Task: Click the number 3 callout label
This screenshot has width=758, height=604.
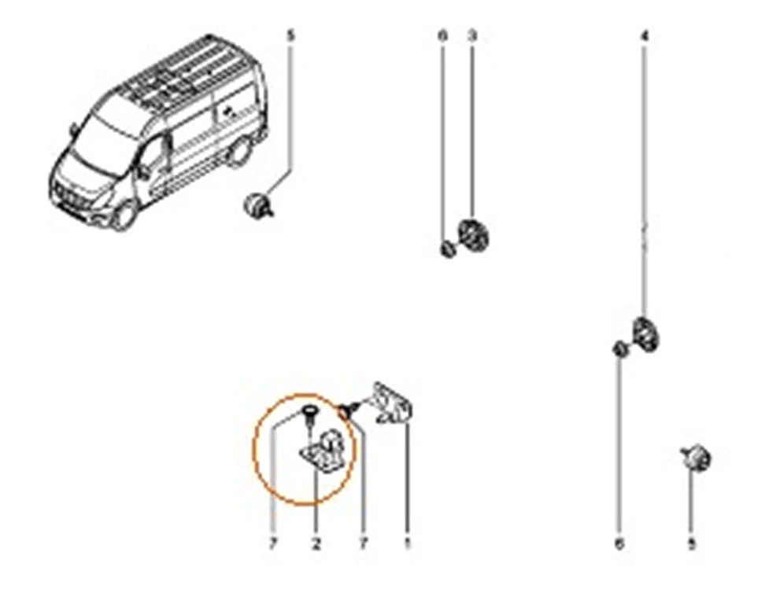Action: tap(472, 36)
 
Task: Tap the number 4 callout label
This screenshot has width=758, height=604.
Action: tap(645, 36)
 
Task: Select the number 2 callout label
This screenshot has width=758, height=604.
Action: tap(316, 543)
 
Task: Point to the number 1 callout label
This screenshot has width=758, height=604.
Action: tap(407, 543)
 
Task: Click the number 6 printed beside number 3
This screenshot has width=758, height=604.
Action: tap(442, 36)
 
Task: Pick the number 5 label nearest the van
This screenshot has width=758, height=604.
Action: tap(290, 36)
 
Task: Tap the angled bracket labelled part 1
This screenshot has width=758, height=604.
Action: tap(394, 405)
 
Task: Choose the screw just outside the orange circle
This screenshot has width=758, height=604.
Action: tap(349, 409)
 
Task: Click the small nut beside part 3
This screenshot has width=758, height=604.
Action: tap(446, 249)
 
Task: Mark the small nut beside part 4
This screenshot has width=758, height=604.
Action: tap(619, 348)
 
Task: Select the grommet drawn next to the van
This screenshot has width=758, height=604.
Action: tap(259, 207)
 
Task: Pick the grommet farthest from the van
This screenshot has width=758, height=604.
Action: tap(697, 458)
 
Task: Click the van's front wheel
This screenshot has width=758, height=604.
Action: tap(124, 215)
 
